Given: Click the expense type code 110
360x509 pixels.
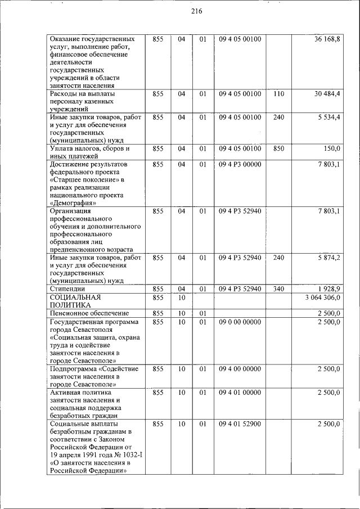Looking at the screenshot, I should [x=278, y=93].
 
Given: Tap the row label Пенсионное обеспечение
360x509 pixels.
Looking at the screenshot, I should [x=89, y=313].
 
